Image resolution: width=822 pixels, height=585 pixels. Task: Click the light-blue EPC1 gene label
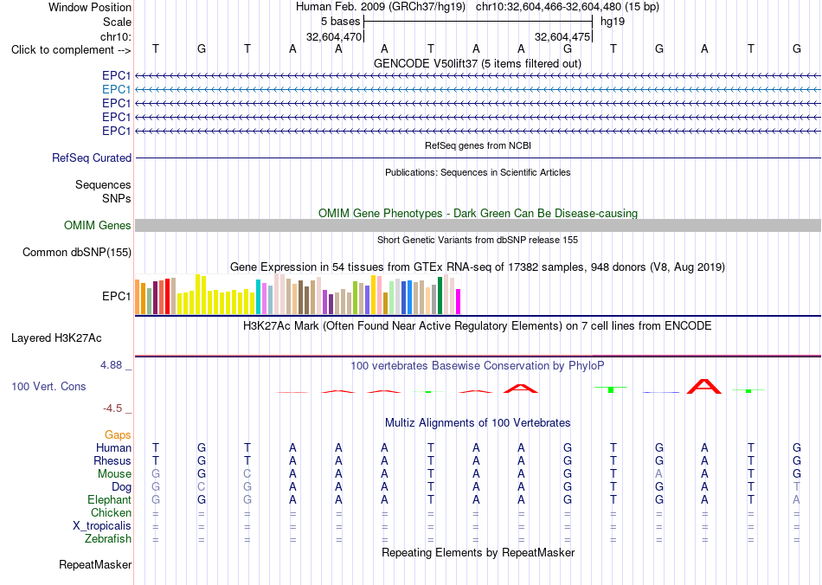tap(117, 90)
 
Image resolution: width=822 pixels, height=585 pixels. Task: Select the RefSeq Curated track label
tap(92, 157)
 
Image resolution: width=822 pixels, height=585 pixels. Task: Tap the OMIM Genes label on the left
tap(98, 225)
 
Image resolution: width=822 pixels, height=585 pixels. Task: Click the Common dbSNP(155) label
tap(77, 252)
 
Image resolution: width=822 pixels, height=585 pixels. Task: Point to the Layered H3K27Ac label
tap(56, 338)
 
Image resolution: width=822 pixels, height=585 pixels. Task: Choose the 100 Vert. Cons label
tap(48, 386)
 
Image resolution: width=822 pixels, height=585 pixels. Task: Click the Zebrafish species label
tap(108, 538)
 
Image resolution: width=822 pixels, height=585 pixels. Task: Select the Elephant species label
tap(109, 499)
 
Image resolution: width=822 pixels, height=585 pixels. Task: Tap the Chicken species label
tap(111, 512)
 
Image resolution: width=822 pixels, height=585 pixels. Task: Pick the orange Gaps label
tap(118, 434)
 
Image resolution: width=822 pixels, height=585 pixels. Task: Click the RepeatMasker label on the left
tap(95, 564)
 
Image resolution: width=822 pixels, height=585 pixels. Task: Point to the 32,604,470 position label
tap(334, 36)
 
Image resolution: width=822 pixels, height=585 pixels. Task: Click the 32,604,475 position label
tap(562, 36)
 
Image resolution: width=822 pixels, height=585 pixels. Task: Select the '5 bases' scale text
tap(341, 22)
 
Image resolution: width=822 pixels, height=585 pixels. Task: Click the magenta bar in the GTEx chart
tap(459, 302)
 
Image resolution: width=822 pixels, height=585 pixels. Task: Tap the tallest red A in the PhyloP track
tap(704, 386)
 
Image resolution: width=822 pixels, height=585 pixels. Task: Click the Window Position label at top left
tap(90, 7)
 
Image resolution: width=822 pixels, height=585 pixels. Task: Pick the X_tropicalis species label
tap(102, 526)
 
